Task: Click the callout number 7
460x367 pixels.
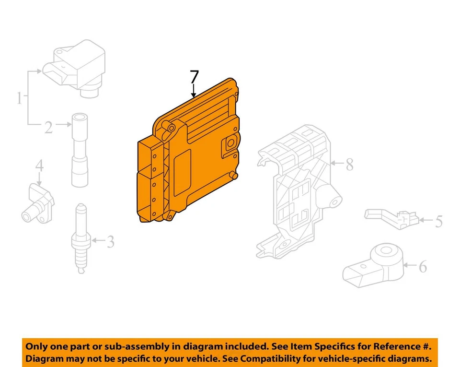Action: (194, 77)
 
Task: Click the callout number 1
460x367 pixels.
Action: (20, 99)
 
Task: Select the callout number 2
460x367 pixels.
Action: (48, 127)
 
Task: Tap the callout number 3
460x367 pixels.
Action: (110, 242)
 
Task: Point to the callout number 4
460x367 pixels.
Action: (39, 166)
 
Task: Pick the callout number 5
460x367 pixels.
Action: (438, 222)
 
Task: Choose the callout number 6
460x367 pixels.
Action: (423, 266)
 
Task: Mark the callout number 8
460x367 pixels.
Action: (349, 165)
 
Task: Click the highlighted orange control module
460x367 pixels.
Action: (192, 158)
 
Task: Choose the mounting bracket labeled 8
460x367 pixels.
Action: (295, 192)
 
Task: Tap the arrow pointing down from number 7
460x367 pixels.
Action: (194, 91)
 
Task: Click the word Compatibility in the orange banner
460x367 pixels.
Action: (271, 358)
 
